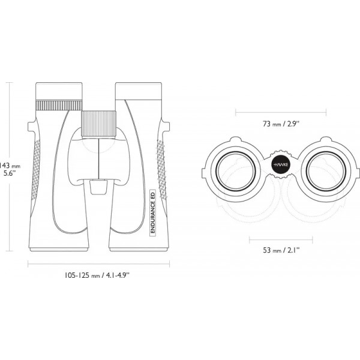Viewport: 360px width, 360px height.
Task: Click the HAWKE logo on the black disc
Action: (281, 164)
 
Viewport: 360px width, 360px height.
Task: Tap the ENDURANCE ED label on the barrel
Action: (152, 211)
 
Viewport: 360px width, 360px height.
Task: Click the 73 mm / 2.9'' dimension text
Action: (281, 124)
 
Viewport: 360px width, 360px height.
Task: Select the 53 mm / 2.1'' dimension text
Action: (281, 250)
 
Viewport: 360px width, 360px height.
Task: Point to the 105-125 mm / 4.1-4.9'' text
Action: (97, 275)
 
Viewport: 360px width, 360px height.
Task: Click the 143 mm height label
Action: (10, 166)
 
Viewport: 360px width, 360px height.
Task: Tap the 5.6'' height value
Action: (10, 173)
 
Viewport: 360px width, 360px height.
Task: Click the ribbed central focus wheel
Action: (99, 124)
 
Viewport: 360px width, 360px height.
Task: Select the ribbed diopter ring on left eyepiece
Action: (59, 105)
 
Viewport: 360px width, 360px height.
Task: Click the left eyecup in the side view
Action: (59, 91)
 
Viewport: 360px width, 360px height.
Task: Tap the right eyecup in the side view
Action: (139, 91)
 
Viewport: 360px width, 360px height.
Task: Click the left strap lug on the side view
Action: (32, 127)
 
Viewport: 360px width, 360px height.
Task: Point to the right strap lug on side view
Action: (166, 127)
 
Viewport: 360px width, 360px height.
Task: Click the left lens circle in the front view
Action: (236, 172)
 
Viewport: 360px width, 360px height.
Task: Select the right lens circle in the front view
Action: (326, 172)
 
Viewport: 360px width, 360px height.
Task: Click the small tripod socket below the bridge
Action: (99, 187)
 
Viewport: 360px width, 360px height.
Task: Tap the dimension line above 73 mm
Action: (281, 113)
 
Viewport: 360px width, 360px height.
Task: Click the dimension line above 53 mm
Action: (281, 240)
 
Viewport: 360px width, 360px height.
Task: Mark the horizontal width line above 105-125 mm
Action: (99, 264)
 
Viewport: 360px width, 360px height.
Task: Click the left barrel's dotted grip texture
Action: (36, 169)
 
